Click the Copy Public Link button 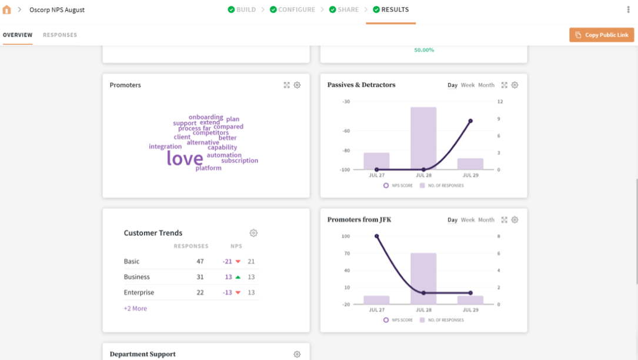(x=602, y=35)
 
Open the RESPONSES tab (x=60, y=35)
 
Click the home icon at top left (x=7, y=10)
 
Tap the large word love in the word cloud (x=185, y=158)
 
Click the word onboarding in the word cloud (x=206, y=117)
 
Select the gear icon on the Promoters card (x=297, y=85)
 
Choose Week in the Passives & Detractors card (x=467, y=85)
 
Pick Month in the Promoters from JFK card (x=486, y=220)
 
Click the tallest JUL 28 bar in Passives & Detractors (x=423, y=138)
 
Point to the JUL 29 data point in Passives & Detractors (x=470, y=121)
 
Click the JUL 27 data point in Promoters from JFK (x=376, y=236)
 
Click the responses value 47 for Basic (x=200, y=262)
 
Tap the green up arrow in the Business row (x=238, y=277)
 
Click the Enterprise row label (x=139, y=293)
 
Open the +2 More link (x=135, y=309)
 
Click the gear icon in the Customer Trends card (x=253, y=233)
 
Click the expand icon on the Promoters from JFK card (x=504, y=220)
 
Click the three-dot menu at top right (x=629, y=10)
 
